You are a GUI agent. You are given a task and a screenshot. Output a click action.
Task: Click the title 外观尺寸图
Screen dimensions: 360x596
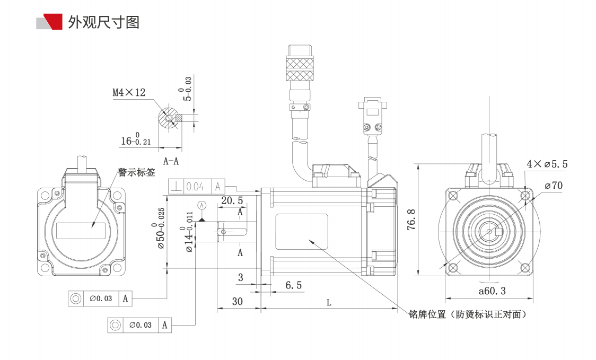[103, 22]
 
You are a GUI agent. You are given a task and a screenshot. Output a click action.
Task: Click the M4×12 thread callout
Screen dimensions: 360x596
[128, 92]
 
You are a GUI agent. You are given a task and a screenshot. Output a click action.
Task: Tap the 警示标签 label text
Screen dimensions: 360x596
[136, 172]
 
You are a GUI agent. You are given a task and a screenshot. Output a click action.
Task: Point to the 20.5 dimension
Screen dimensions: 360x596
[232, 200]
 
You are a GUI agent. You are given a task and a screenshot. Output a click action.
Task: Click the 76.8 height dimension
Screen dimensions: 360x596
[410, 219]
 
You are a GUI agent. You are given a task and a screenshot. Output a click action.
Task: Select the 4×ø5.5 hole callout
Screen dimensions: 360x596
[546, 164]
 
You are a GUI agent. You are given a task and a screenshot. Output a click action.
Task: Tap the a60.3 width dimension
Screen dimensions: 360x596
[492, 291]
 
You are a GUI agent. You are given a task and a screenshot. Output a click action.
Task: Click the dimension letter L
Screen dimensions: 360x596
[329, 303]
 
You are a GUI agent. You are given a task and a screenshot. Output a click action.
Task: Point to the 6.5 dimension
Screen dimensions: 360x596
[293, 285]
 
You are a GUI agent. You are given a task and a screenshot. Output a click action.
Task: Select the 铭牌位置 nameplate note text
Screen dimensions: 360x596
[467, 314]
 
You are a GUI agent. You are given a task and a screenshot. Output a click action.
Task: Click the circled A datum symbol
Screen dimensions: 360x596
[201, 205]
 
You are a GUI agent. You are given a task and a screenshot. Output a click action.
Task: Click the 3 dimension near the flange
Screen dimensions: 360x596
[240, 277]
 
